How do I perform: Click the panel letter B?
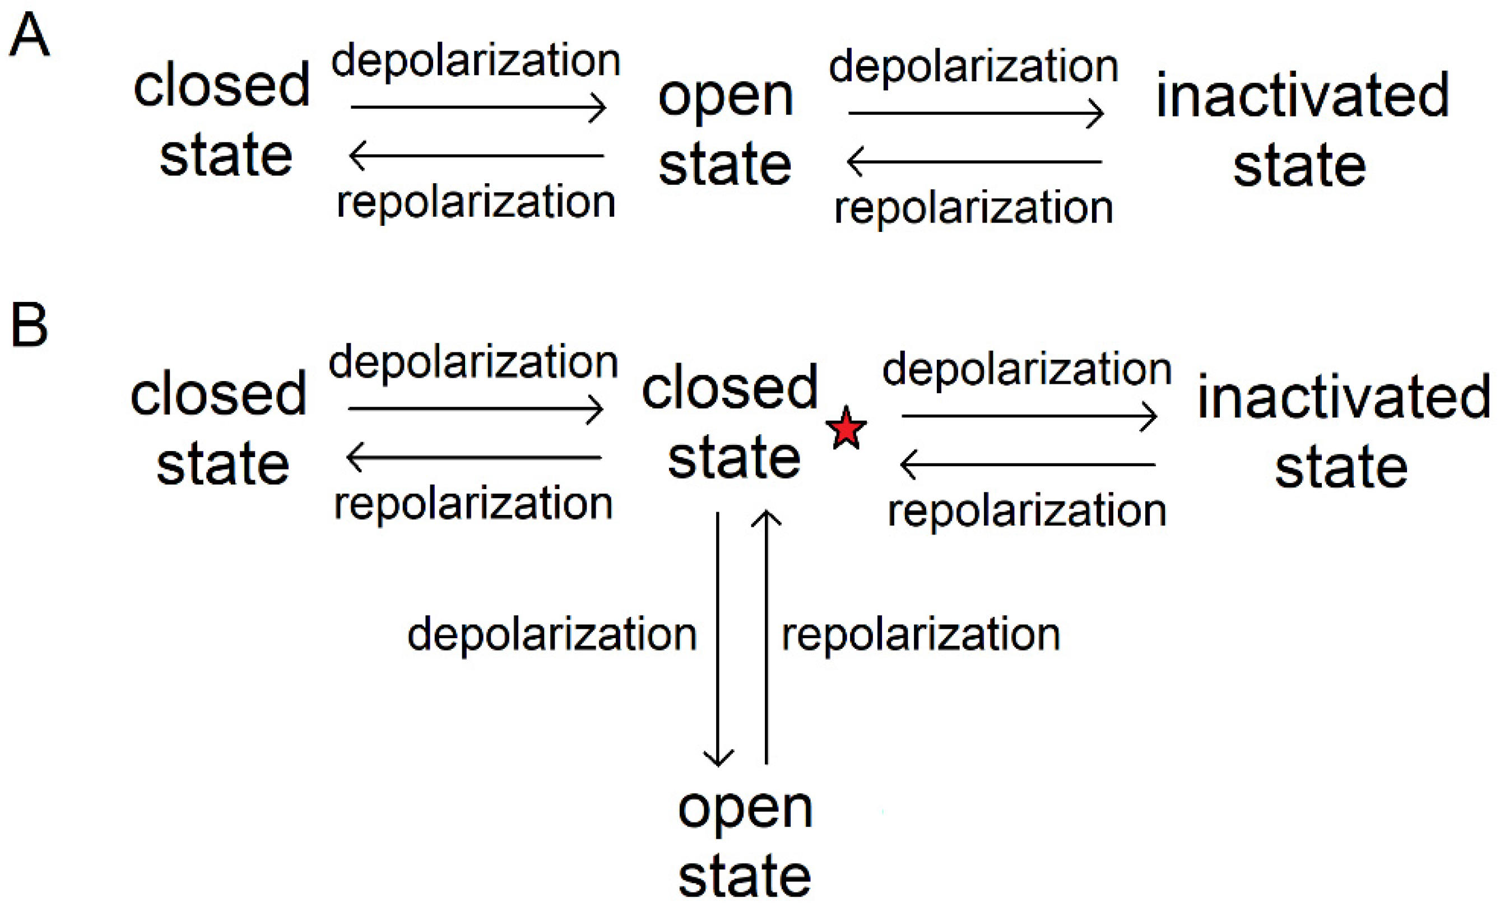tap(29, 325)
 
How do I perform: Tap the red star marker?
tap(846, 429)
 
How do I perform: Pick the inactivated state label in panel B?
tap(1343, 432)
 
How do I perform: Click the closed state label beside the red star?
tap(731, 423)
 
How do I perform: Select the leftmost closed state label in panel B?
tap(219, 429)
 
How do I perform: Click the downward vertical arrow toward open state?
tap(718, 639)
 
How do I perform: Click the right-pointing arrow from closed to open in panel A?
tap(478, 108)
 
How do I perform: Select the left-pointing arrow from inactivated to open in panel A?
tap(974, 162)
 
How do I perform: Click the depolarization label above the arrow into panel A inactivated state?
tap(973, 67)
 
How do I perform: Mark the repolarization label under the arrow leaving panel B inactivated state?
tap(1027, 511)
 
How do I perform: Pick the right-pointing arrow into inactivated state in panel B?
tap(1029, 416)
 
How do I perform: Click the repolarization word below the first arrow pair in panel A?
tap(476, 203)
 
